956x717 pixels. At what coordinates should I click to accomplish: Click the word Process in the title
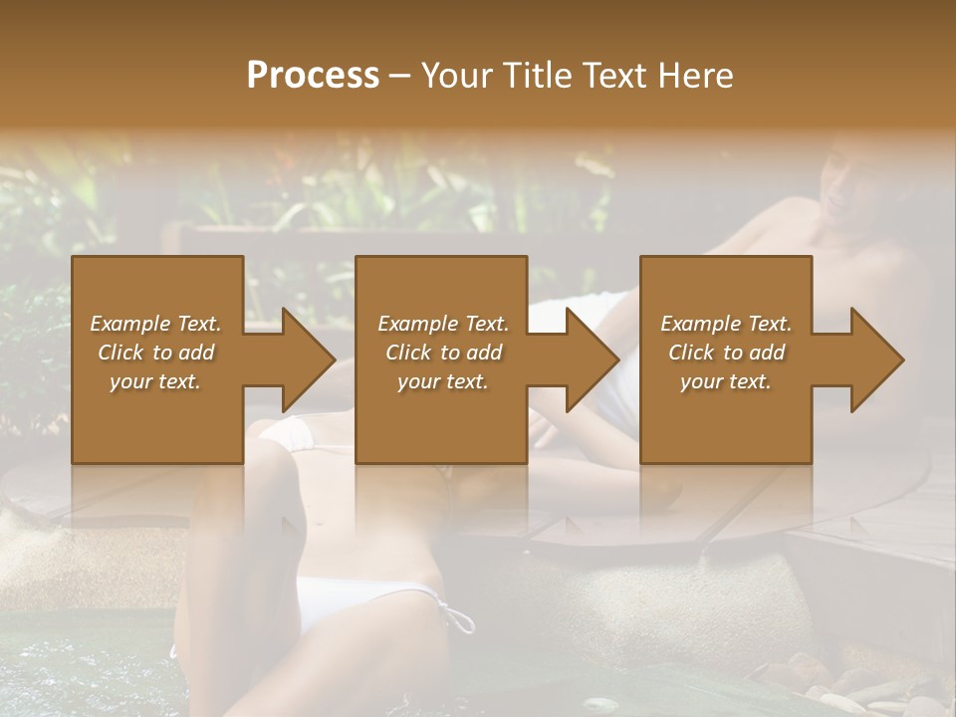coord(313,75)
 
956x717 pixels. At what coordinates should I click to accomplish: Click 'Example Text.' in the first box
coord(155,324)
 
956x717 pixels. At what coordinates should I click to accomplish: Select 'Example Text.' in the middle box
coord(443,324)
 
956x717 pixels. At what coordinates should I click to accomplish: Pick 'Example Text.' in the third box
coord(726,324)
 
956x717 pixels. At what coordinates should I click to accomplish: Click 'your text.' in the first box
coord(155,381)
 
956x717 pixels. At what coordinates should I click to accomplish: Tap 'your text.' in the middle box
coord(443,381)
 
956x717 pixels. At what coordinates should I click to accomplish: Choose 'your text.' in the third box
coord(726,381)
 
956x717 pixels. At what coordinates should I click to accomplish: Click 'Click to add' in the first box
coord(155,353)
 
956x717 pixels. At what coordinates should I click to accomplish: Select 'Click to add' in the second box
coord(443,353)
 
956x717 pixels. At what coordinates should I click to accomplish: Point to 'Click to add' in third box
coord(726,353)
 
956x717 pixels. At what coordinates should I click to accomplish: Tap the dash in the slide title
coord(400,76)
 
